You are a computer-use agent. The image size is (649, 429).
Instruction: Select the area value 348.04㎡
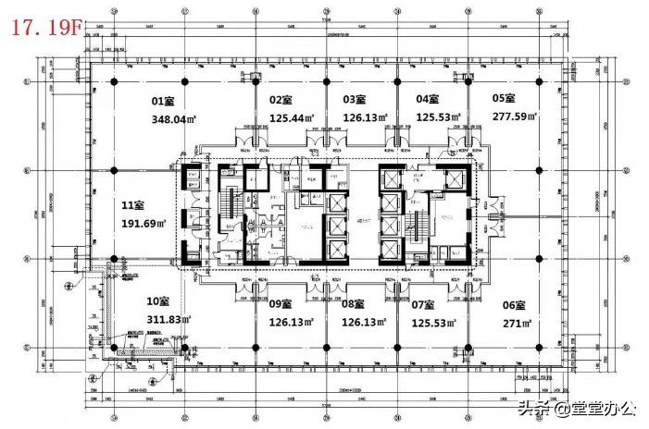click(174, 119)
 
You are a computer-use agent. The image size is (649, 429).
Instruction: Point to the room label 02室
click(281, 99)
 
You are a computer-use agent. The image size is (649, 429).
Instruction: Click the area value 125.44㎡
click(288, 117)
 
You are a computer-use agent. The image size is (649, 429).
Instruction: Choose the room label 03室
click(355, 99)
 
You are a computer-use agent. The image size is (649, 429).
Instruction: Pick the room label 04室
click(428, 99)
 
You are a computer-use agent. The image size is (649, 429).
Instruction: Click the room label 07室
click(423, 304)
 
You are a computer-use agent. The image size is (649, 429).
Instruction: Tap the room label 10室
click(158, 300)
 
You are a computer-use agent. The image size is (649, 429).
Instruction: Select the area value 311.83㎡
click(169, 321)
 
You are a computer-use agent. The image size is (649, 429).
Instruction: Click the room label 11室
click(133, 204)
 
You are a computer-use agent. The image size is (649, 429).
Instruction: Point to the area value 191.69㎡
click(144, 224)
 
